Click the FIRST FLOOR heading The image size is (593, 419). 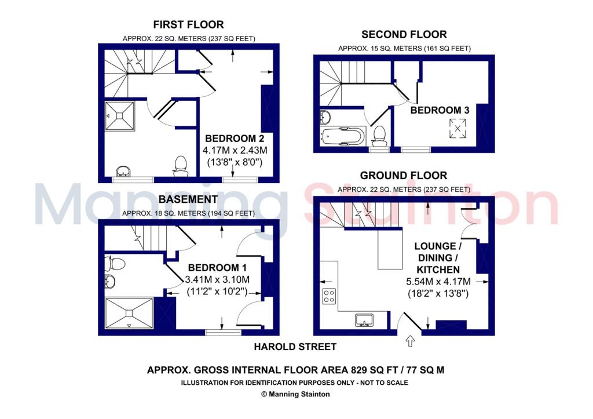pos(188,24)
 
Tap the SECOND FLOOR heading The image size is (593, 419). pos(404,34)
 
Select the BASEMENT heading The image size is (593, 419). pos(188,199)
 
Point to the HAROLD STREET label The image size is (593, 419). pos(295,347)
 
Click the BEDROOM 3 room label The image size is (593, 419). pos(440,110)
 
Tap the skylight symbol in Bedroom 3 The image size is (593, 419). pos(458,127)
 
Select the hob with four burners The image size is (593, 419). pos(329,296)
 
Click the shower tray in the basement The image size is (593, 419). pos(129,314)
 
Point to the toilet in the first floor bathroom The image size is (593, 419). pos(181,164)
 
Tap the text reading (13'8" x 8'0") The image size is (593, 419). pos(235,162)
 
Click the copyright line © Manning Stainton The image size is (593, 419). pos(295,394)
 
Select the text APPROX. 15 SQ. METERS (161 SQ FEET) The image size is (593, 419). pos(404,49)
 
